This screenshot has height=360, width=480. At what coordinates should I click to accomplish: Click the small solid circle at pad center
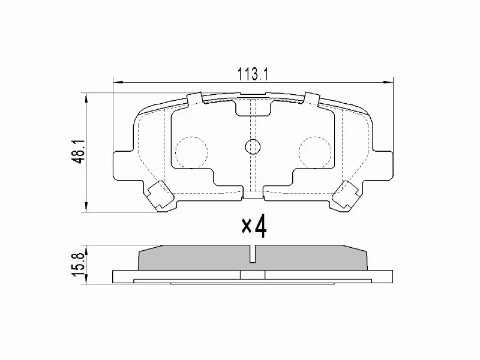(253, 146)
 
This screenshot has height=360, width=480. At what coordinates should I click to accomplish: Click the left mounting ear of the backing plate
(122, 164)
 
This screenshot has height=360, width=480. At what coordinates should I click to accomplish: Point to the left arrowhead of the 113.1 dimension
(116, 81)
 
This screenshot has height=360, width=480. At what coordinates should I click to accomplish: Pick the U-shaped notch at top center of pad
(253, 107)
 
